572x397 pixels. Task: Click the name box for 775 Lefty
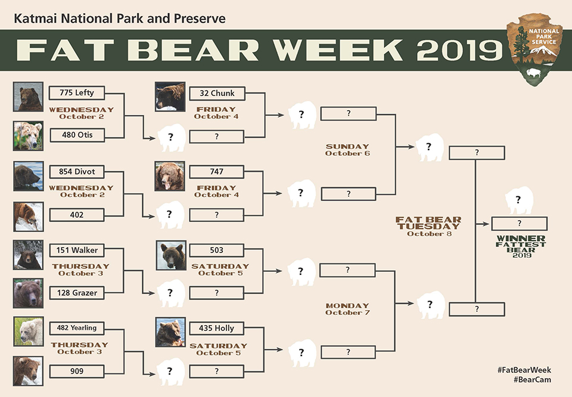point(77,93)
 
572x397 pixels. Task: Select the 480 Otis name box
point(77,135)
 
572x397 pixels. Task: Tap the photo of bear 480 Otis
point(28,136)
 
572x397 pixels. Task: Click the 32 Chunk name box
point(217,93)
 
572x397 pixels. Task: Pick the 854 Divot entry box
point(77,171)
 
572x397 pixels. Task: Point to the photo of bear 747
point(170,176)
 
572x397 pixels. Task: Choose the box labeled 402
point(77,215)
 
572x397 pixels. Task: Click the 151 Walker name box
point(77,250)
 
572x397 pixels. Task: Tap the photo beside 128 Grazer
point(28,293)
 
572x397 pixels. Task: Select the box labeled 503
point(217,250)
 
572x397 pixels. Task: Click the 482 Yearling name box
point(77,328)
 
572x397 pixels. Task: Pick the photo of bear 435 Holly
point(170,332)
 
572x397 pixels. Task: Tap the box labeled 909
point(77,371)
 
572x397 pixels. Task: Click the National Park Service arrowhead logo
point(534,49)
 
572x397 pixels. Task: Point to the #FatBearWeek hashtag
point(524,370)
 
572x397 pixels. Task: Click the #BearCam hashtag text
point(532,380)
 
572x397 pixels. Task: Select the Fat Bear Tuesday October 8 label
point(428,226)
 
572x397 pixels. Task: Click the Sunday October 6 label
point(347,150)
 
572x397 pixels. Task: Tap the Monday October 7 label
point(347,309)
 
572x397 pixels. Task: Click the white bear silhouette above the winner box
point(519,200)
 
